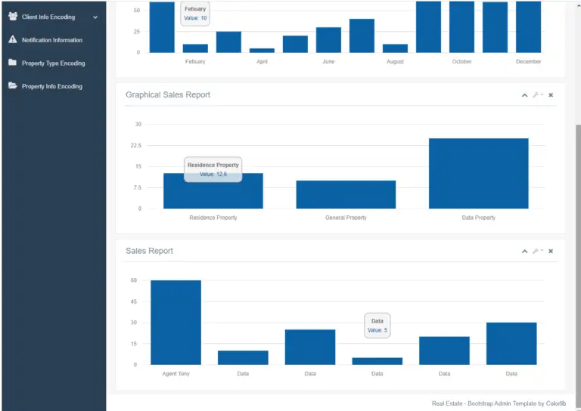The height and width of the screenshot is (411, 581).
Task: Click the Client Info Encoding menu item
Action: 48,17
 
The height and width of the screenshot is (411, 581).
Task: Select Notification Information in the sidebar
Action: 51,40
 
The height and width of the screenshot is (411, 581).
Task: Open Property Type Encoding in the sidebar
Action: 53,63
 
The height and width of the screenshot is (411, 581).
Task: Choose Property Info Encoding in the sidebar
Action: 51,86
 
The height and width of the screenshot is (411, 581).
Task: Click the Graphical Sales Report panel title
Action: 168,95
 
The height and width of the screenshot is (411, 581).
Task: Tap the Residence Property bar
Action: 213,192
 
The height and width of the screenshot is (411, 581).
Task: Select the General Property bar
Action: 346,195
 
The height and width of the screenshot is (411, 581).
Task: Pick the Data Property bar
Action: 478,174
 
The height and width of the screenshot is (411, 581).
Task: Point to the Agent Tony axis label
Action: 176,373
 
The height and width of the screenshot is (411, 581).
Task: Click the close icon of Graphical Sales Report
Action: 551,95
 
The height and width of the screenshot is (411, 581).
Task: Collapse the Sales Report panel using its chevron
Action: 524,251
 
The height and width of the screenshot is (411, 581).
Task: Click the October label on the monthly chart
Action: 461,61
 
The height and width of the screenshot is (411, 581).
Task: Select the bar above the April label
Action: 262,50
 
